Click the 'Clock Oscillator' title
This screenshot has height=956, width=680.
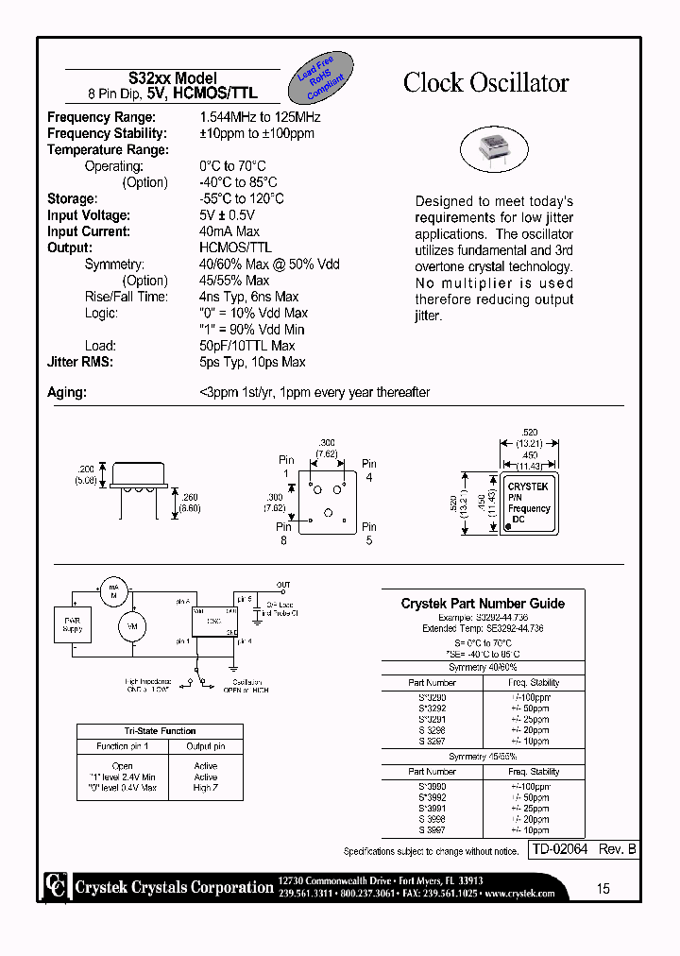click(485, 83)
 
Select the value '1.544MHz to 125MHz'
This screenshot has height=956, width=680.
click(260, 117)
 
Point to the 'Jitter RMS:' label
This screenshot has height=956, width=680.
click(80, 362)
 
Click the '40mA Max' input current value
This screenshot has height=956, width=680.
click(229, 231)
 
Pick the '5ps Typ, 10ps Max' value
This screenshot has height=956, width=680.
click(252, 362)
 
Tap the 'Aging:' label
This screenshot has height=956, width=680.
click(66, 392)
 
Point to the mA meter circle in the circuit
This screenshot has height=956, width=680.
click(113, 589)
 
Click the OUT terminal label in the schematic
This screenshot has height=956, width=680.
click(283, 585)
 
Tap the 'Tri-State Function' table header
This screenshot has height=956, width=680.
click(146, 731)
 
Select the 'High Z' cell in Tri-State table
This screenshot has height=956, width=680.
click(205, 788)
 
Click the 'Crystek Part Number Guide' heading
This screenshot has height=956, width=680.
click(483, 603)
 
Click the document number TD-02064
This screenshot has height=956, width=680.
click(560, 850)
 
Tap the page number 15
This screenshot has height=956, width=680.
click(603, 888)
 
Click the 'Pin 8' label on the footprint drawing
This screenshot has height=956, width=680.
click(283, 534)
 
